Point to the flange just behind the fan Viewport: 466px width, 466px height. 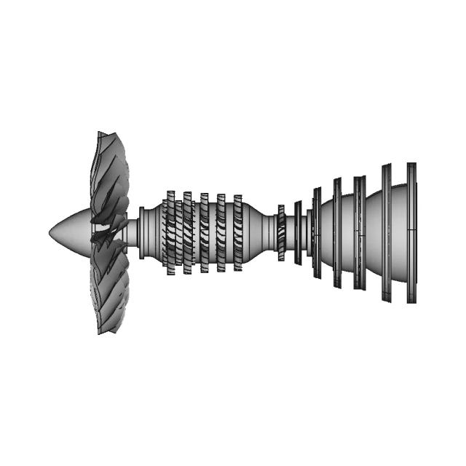(x=143, y=232)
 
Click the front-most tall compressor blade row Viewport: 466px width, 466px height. (x=170, y=233)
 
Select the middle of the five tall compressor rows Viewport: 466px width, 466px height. (x=205, y=233)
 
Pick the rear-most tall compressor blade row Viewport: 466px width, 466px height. (x=238, y=233)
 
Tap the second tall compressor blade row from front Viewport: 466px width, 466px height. (x=187, y=233)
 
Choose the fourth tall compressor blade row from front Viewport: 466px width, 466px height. (x=221, y=233)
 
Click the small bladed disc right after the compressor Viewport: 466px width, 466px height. (x=281, y=233)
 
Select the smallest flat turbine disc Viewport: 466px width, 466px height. (x=298, y=233)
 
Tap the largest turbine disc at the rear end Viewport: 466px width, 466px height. (x=411, y=233)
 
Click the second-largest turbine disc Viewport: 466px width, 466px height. (x=386, y=233)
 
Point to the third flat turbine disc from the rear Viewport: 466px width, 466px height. (x=359, y=233)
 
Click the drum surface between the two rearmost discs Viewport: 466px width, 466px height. (x=399, y=233)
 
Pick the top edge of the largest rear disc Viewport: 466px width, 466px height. (x=411, y=165)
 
